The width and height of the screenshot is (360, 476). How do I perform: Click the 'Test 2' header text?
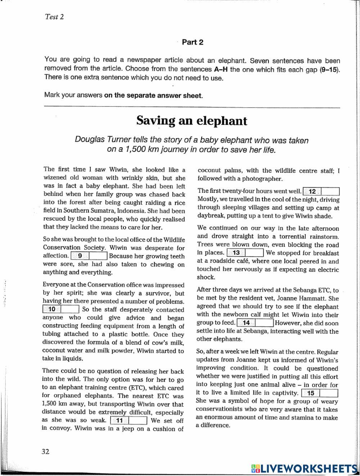click(x=54, y=17)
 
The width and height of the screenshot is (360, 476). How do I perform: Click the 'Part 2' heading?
click(x=193, y=42)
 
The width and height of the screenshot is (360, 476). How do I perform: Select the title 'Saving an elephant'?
click(x=192, y=121)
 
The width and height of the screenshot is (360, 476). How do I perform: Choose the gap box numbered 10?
click(x=61, y=309)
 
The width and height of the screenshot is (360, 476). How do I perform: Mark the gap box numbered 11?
click(x=129, y=421)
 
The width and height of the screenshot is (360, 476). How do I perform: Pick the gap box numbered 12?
click(x=321, y=191)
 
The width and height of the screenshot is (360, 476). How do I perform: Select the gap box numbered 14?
click(x=256, y=323)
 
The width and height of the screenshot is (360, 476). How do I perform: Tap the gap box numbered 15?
click(x=320, y=393)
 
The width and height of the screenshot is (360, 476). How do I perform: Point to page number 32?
click(x=45, y=452)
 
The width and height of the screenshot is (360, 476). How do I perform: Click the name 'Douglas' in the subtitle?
click(x=88, y=140)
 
